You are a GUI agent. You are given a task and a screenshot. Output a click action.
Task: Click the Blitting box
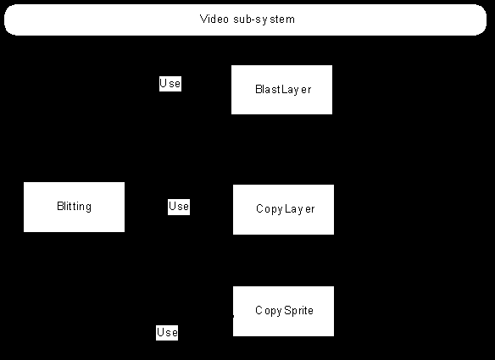(x=75, y=207)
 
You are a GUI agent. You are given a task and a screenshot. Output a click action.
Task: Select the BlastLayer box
(x=281, y=90)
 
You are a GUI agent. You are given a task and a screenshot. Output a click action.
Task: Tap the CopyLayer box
(x=283, y=209)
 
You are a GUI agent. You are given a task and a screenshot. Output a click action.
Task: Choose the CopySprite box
(x=283, y=311)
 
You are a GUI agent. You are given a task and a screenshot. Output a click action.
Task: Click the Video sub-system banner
(x=245, y=19)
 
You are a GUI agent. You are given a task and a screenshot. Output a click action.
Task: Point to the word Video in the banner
(x=214, y=19)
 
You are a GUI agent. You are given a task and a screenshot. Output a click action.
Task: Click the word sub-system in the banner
(x=264, y=19)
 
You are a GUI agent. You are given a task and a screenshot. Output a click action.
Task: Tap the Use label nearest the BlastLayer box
(x=170, y=84)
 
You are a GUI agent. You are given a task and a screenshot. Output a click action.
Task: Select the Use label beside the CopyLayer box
(x=179, y=207)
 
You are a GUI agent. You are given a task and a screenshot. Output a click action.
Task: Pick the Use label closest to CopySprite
(x=167, y=333)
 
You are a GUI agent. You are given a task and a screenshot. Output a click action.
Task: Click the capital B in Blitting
(x=60, y=206)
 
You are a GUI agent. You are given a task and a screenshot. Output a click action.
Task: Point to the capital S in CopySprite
(x=287, y=310)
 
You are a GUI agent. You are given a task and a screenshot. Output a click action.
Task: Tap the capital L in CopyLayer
(x=287, y=208)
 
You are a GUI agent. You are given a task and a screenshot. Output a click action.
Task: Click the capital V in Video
(x=203, y=19)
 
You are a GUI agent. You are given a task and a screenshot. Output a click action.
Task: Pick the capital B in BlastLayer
(x=259, y=89)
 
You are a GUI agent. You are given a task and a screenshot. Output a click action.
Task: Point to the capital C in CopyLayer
(x=260, y=208)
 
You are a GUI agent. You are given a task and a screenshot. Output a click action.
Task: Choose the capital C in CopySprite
(x=259, y=310)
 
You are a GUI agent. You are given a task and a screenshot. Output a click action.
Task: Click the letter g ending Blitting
(x=88, y=208)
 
